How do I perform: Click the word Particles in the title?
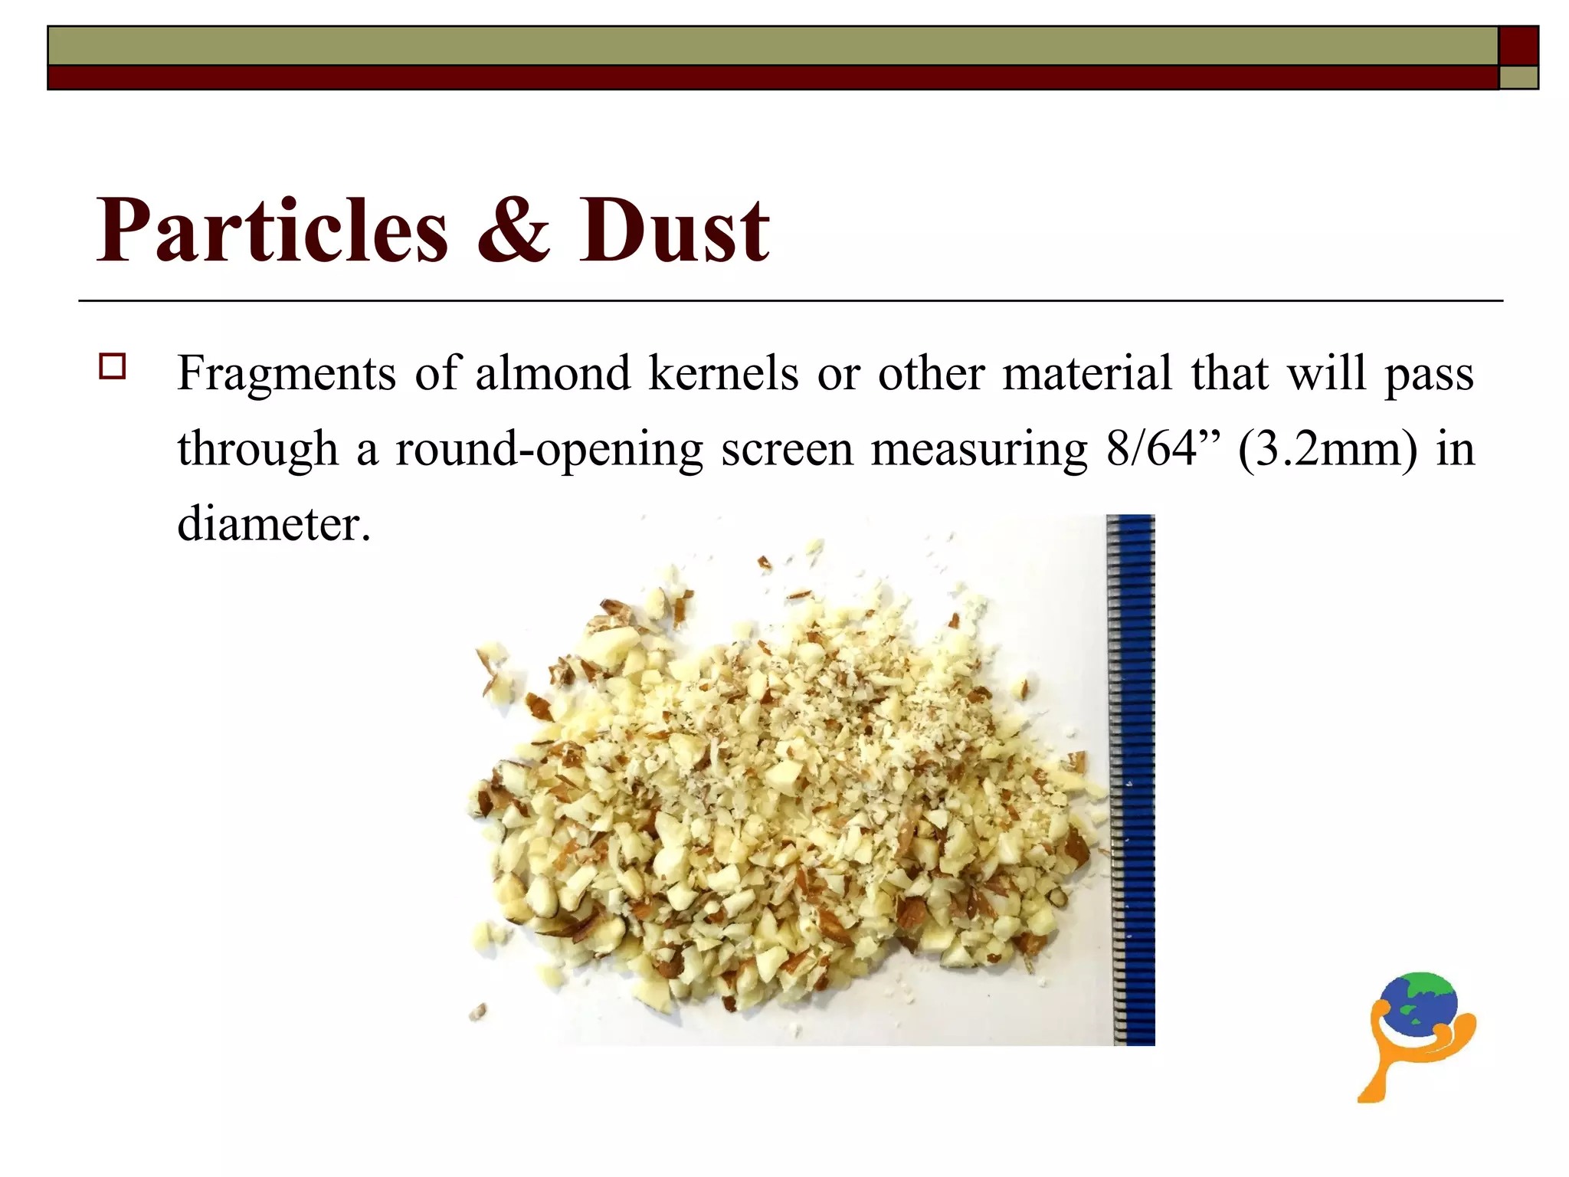272,230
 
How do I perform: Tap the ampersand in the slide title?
513,230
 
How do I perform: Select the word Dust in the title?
673,230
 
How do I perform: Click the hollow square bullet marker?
113,366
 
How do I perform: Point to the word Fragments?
287,374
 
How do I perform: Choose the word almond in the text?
552,373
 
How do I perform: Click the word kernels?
724,373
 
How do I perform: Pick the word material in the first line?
1087,373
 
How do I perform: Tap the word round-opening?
549,450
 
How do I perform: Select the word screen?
787,449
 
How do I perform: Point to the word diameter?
274,524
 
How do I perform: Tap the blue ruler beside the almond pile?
1132,778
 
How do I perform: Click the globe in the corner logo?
1419,1004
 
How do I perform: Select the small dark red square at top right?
1518,46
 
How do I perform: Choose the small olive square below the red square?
1518,77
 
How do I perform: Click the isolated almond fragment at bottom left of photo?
478,1012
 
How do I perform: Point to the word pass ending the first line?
1429,375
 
